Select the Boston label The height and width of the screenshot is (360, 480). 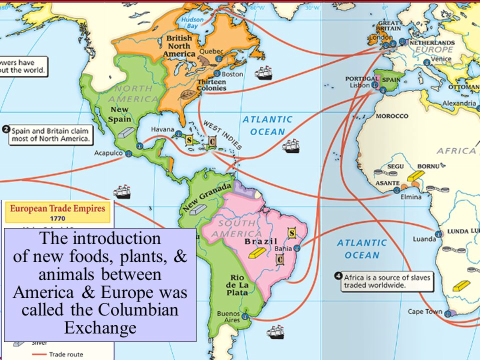[x=232, y=74]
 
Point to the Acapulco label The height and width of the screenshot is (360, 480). [x=107, y=153]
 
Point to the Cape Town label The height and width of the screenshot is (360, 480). [x=425, y=311]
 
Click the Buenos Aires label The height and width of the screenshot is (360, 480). [x=228, y=317]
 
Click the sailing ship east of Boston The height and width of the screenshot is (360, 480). [x=264, y=72]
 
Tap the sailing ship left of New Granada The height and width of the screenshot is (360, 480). [x=122, y=191]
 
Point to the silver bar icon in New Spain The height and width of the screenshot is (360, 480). [x=126, y=132]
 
